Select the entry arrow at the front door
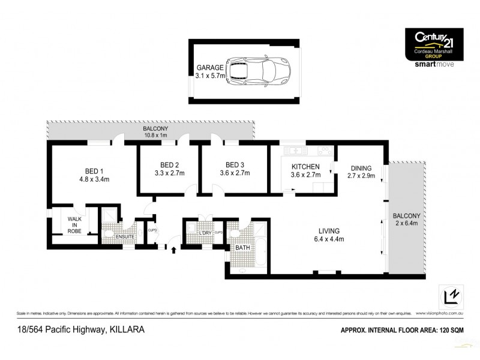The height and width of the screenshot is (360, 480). [174, 249]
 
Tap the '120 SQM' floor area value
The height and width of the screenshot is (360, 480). [451, 330]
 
